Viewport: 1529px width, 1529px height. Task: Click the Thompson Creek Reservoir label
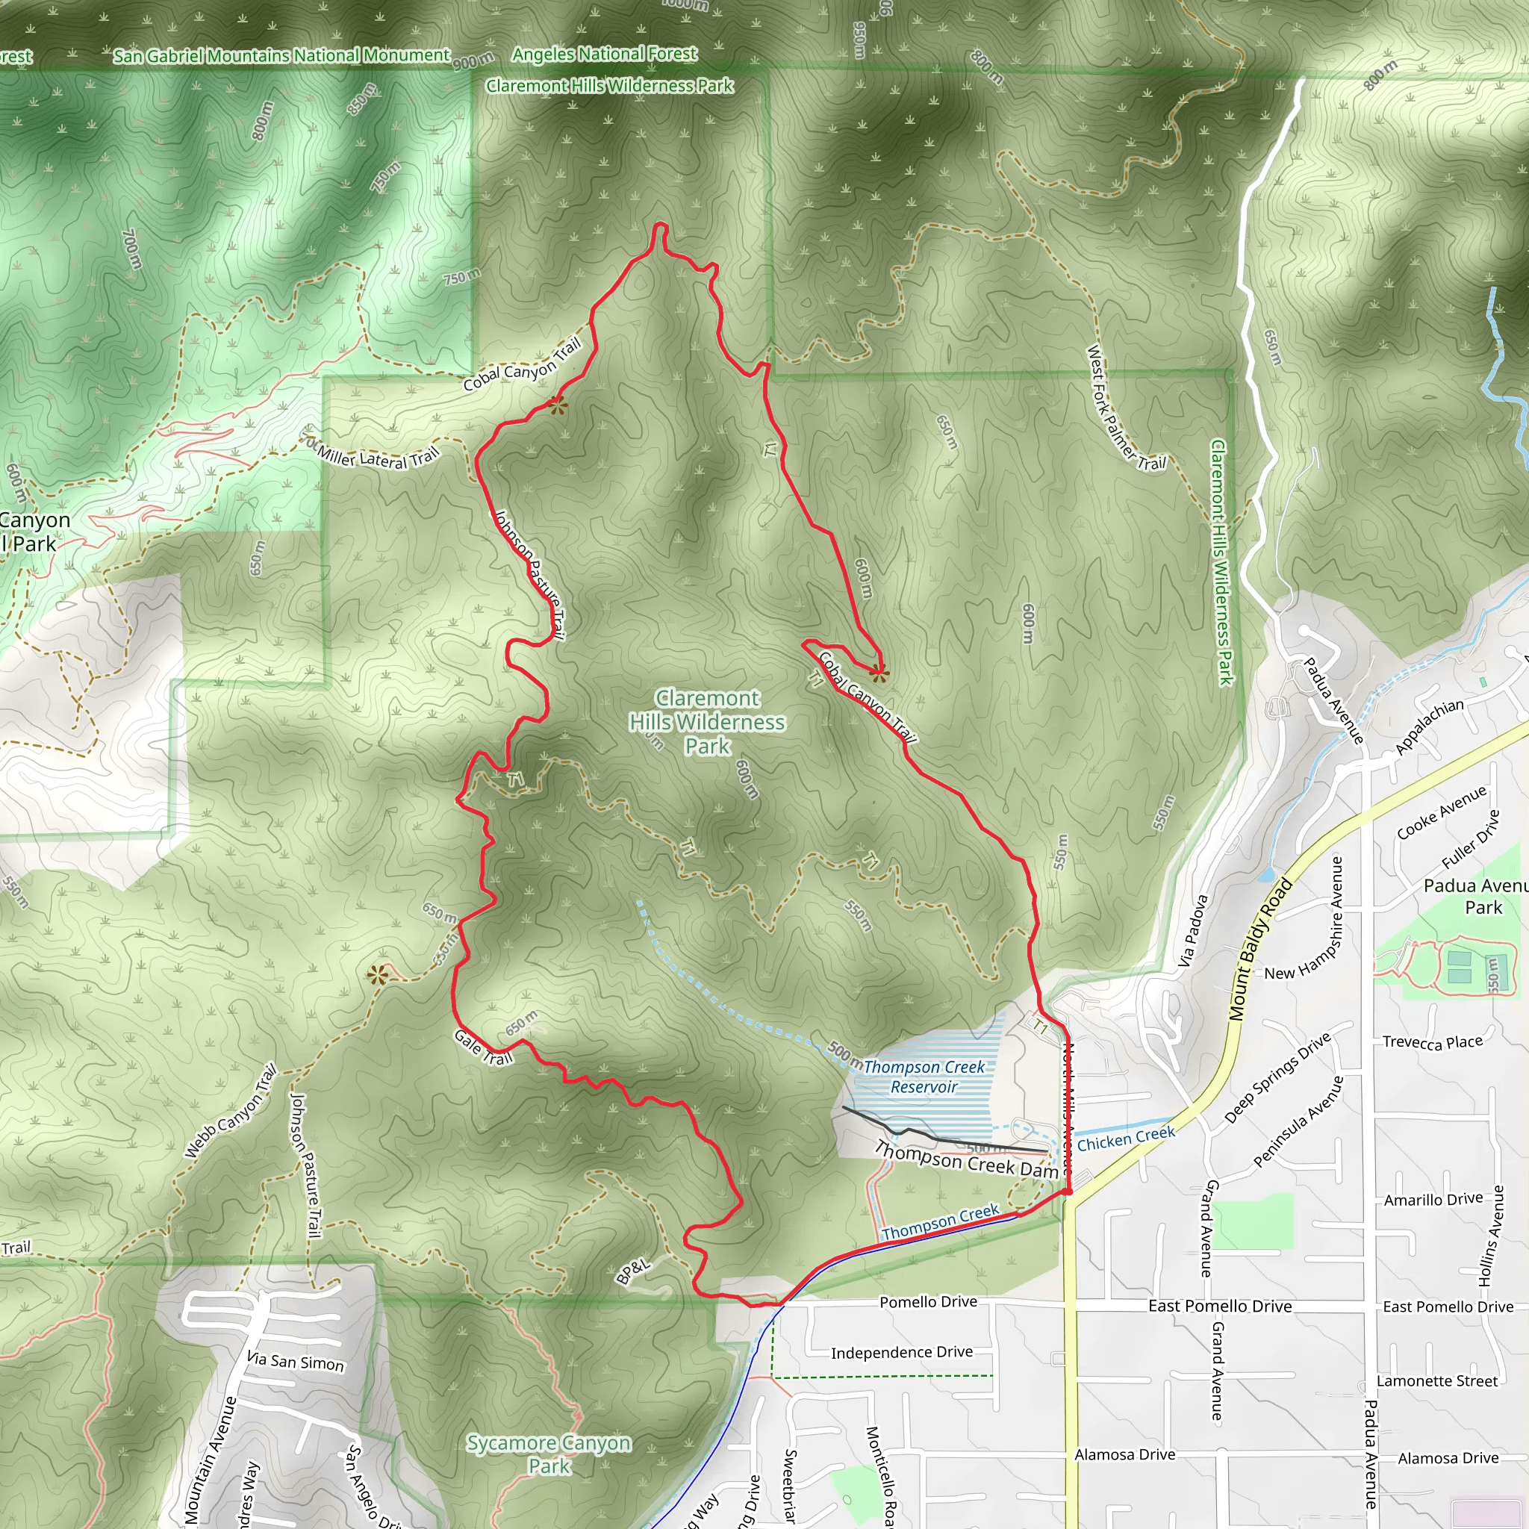click(x=924, y=1077)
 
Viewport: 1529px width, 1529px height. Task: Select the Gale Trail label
click(x=484, y=1047)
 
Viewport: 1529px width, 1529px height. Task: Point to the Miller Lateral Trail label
click(x=378, y=458)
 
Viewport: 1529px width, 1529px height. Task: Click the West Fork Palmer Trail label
click(x=1125, y=409)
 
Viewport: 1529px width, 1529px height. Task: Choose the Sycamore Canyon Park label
click(x=549, y=1454)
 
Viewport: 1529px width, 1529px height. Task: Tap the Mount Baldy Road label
click(x=1261, y=949)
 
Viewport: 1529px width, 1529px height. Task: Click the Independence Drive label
click(x=901, y=1353)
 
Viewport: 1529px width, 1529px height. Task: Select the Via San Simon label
click(x=295, y=1361)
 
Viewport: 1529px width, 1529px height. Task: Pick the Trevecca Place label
click(x=1433, y=1042)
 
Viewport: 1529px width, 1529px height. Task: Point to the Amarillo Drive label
click(x=1433, y=1200)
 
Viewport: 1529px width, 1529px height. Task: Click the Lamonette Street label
click(x=1437, y=1381)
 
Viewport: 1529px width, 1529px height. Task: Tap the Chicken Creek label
click(x=1125, y=1139)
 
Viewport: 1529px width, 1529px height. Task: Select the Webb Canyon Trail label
click(x=230, y=1112)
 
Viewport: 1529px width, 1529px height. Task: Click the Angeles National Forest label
click(x=605, y=54)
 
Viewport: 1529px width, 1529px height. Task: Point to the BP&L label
click(x=632, y=1270)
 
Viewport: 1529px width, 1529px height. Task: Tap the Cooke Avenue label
click(x=1441, y=813)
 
